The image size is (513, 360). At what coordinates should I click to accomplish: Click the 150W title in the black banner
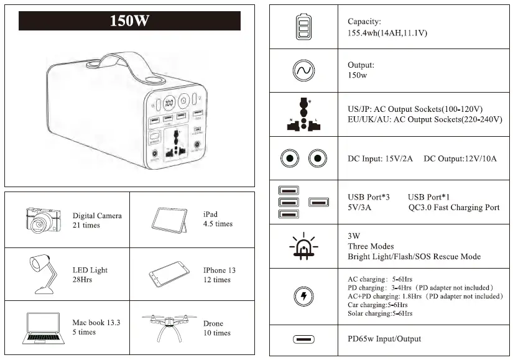coord(129,21)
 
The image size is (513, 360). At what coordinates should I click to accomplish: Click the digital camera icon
coord(44,219)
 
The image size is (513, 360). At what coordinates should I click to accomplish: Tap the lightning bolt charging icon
coord(303,297)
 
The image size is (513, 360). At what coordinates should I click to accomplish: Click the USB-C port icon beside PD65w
coord(303,339)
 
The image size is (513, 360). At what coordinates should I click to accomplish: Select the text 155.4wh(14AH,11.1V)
coord(387,33)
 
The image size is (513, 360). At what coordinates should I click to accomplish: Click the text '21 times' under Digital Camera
coord(86,225)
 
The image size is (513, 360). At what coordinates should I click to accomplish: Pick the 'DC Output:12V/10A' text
coord(460,159)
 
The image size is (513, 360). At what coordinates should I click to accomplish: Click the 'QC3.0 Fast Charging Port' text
coord(454,208)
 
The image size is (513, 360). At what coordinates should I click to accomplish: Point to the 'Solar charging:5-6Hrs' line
coord(380,313)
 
